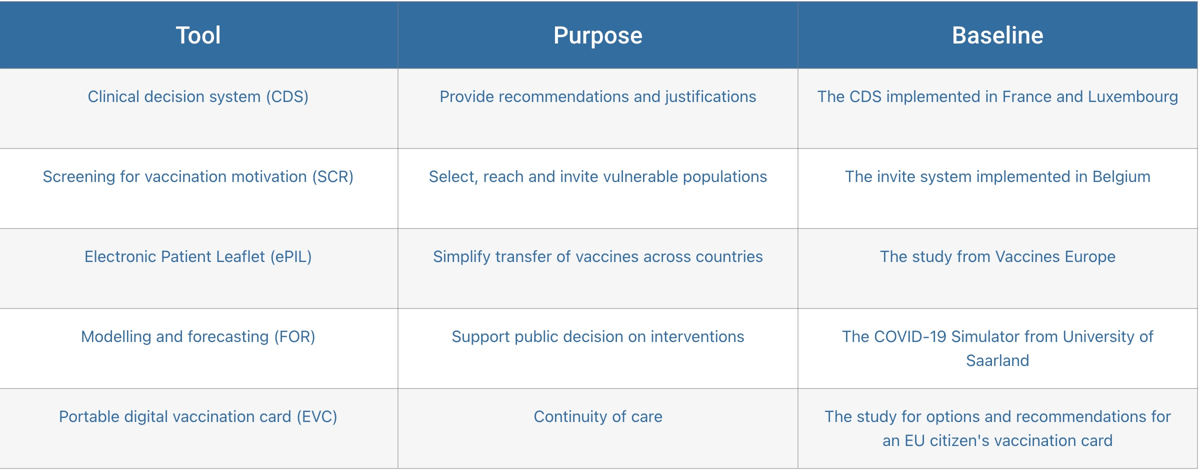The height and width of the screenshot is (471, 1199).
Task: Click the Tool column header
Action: click(198, 35)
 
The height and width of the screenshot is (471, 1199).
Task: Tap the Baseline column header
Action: click(997, 35)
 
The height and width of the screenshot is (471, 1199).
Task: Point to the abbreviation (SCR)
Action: click(333, 176)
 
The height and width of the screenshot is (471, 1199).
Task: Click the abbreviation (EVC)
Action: click(317, 416)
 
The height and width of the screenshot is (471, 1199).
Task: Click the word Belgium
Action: click(1121, 176)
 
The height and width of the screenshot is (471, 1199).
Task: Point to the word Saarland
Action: click(997, 360)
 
